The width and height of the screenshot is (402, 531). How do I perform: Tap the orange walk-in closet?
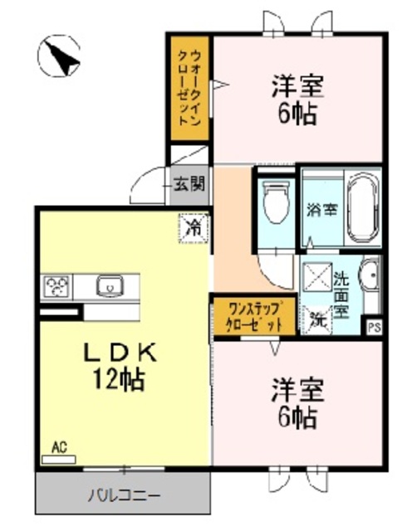pyautogui.click(x=190, y=90)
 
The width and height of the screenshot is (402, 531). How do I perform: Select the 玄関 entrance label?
pyautogui.click(x=190, y=184)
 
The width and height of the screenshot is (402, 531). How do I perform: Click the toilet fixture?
pyautogui.click(x=273, y=202)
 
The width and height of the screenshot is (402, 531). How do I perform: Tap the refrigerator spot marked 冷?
pyautogui.click(x=192, y=225)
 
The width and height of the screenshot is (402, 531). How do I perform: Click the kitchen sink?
pyautogui.click(x=110, y=287)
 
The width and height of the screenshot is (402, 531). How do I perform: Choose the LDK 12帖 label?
pyautogui.click(x=119, y=365)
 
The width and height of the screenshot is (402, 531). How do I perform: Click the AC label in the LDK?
pyautogui.click(x=59, y=449)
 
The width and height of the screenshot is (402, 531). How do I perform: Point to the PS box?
pyautogui.click(x=375, y=326)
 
